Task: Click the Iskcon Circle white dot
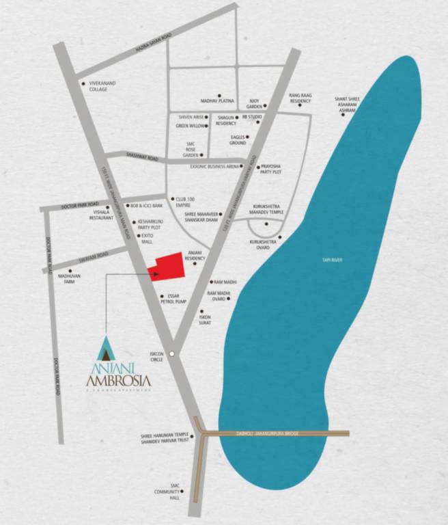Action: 173,353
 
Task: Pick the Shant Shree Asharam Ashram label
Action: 347,104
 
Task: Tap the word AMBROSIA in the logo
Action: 118,380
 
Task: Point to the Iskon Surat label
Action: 205,320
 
